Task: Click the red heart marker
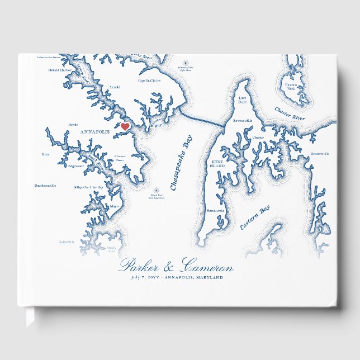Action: pos(125,127)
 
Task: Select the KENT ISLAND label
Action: pos(217,164)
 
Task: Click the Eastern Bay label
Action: pos(255,217)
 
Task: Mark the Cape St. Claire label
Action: pos(149,80)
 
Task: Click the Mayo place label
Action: pos(114,206)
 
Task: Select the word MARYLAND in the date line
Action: pos(207,277)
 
